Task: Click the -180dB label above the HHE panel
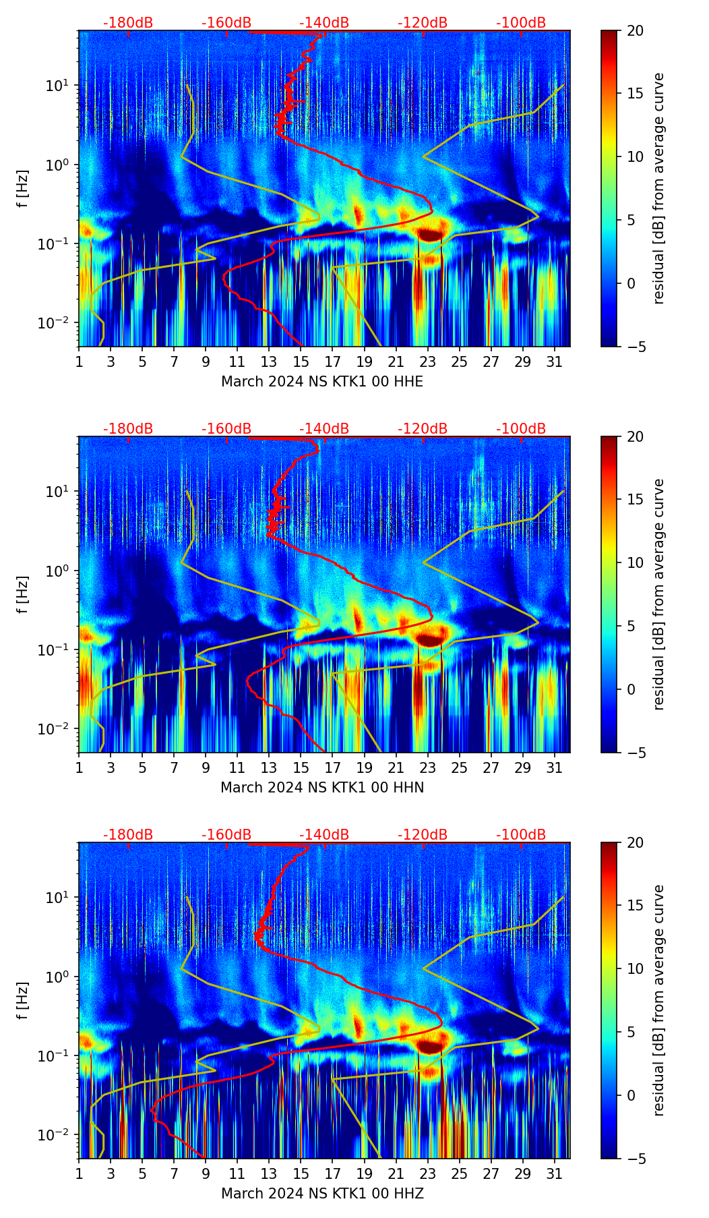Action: tap(128, 23)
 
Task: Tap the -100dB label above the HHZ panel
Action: tap(521, 835)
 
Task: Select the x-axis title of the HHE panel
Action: tap(322, 382)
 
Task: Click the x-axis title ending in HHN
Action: tap(322, 788)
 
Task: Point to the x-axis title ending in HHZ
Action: tap(322, 1194)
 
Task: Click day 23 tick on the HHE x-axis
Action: tap(427, 361)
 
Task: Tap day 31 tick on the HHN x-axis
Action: tap(554, 767)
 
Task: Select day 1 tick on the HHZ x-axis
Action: tap(80, 1173)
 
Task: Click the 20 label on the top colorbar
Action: tap(635, 31)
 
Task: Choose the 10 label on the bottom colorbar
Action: tap(635, 968)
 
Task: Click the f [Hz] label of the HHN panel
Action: tap(23, 594)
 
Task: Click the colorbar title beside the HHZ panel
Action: tap(658, 1000)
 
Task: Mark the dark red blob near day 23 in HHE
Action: tap(429, 234)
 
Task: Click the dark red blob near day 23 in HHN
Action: tap(429, 639)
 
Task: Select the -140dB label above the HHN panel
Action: tap(324, 429)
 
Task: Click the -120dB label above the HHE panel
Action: tap(423, 23)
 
